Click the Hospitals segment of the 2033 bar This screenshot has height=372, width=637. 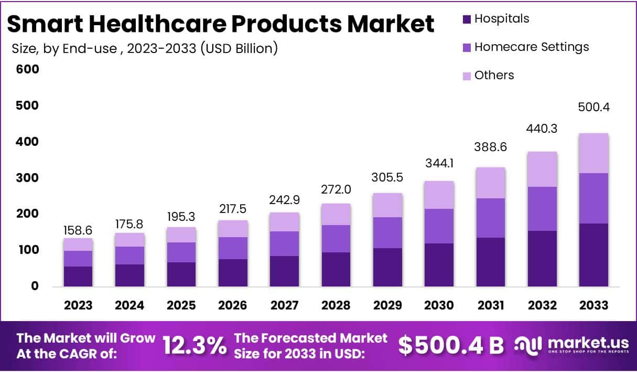(x=593, y=254)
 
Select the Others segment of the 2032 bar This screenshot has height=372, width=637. (x=542, y=169)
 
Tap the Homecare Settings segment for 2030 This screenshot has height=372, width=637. (x=439, y=226)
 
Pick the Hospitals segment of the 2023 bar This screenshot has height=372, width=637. (x=78, y=276)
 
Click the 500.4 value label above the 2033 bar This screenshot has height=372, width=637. (x=593, y=107)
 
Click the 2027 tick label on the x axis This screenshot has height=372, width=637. (x=285, y=305)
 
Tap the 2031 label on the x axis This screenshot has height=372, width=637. (x=491, y=305)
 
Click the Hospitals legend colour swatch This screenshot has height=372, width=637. (x=467, y=19)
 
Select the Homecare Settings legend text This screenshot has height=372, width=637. (x=532, y=47)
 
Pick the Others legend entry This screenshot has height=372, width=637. (x=494, y=76)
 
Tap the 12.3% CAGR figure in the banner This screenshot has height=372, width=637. (x=195, y=345)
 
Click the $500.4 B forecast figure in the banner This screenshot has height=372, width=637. (x=450, y=345)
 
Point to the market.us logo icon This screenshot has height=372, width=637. (x=527, y=345)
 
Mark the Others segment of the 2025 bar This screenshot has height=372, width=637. (x=181, y=235)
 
